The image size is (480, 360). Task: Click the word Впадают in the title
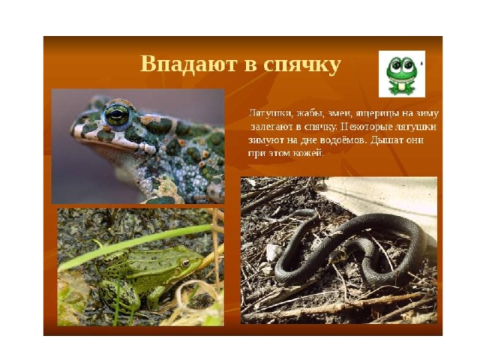coord(189,64)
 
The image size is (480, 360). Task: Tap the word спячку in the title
coord(301,65)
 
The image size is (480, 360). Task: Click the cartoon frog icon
coord(401,74)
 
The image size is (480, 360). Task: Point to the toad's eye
coord(117,114)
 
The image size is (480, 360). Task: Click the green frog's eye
coord(185,263)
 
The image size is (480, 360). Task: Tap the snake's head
coord(336,255)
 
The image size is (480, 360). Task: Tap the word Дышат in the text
coord(385,140)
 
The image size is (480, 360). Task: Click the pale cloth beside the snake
coord(385,199)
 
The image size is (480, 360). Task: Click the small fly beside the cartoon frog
coord(421,64)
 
